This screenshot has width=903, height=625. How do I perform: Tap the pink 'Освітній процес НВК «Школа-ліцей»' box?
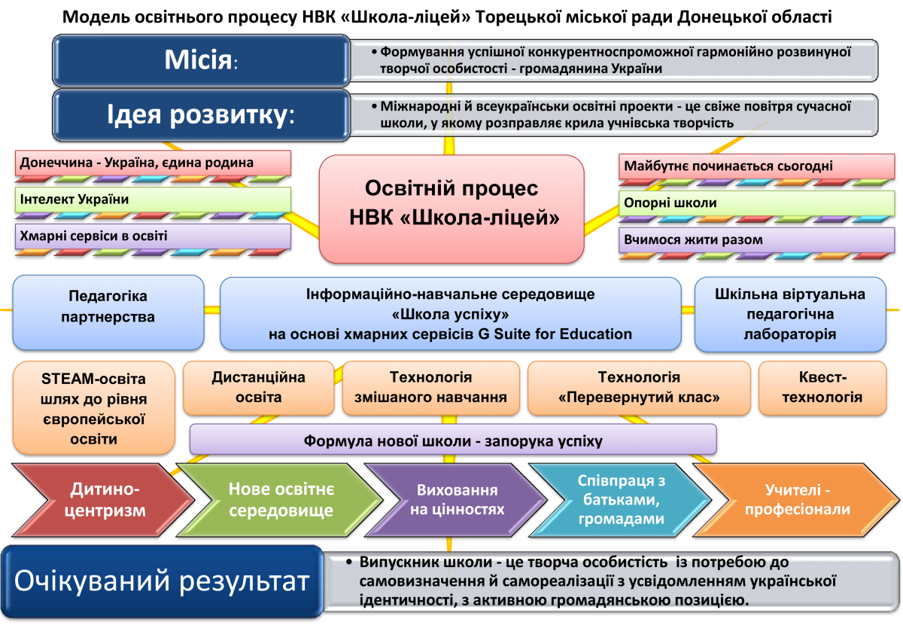[451, 203]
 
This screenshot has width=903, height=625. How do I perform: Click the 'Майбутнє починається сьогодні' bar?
[756, 166]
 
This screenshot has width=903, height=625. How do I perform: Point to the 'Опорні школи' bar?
[756, 203]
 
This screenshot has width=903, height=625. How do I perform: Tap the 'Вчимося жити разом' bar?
[756, 240]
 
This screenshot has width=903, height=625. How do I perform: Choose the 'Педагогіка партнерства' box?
[108, 306]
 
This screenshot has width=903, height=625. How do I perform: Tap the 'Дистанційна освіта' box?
[258, 387]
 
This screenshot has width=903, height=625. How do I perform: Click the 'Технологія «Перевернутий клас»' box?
[639, 387]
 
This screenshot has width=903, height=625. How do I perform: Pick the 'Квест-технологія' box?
[822, 387]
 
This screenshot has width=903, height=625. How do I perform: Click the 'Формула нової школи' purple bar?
[452, 439]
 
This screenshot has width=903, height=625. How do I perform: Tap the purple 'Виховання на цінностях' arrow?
[455, 499]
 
